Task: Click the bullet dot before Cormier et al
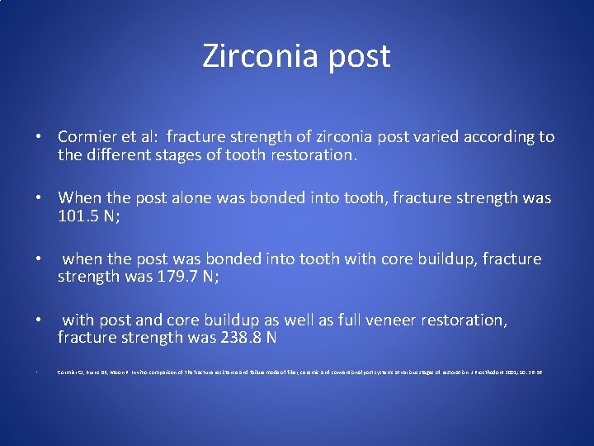coord(39,137)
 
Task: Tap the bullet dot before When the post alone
coord(39,198)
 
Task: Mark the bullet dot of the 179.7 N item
coord(39,259)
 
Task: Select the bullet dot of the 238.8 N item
coord(39,320)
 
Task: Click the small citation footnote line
coord(300,372)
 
